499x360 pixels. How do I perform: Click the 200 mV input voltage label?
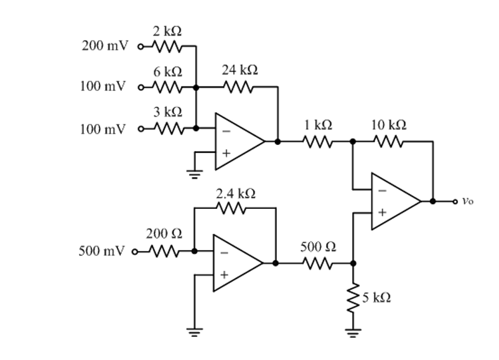click(103, 46)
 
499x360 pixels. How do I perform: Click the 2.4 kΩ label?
click(235, 193)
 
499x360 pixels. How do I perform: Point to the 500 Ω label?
click(319, 247)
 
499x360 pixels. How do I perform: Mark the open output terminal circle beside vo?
click(455, 201)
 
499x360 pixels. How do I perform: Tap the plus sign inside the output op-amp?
click(381, 213)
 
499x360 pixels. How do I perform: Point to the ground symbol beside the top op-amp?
click(195, 172)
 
